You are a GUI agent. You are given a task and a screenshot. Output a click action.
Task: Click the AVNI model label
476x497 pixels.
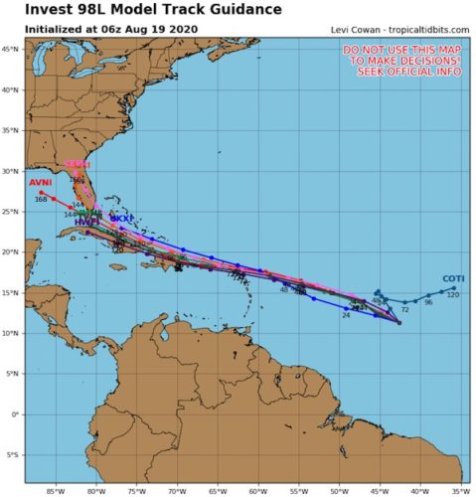40,183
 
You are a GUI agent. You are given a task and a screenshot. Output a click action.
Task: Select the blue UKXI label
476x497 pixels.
120,217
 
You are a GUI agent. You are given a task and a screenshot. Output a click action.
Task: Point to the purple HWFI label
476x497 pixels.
85,222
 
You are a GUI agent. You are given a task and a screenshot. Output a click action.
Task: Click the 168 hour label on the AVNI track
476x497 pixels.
41,200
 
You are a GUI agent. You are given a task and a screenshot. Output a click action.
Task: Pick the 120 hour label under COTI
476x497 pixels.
452,295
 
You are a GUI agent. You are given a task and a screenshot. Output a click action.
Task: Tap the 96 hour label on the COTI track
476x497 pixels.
428,302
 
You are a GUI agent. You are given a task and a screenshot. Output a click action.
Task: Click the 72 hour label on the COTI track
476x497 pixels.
405,310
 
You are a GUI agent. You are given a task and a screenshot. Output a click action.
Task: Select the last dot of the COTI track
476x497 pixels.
454,288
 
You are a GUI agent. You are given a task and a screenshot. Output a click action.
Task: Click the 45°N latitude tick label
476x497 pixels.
12,48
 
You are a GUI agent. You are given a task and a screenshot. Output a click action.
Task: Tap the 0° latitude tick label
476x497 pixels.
15,414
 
